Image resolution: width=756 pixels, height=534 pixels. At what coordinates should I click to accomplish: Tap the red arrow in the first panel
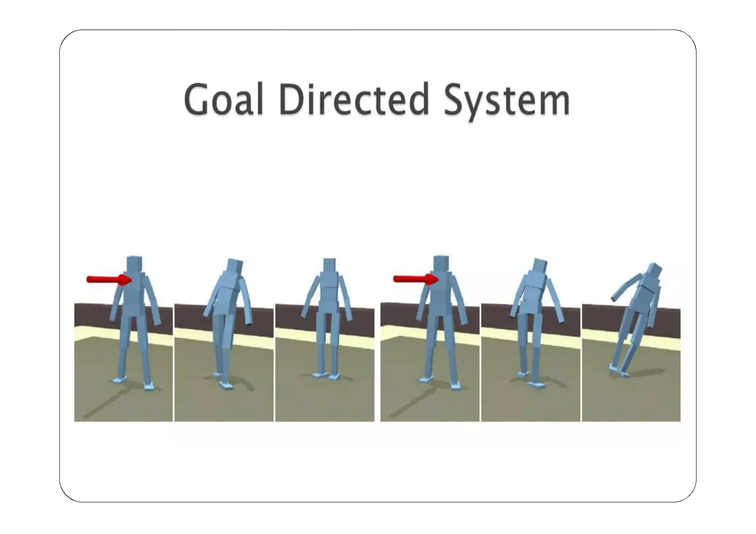(109, 280)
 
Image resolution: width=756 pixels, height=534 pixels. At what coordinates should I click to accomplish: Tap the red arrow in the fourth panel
(415, 279)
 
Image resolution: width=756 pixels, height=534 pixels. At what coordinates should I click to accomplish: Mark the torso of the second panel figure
(226, 295)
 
